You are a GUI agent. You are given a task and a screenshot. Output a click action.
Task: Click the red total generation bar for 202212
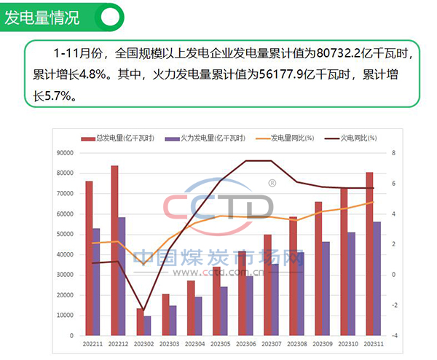tap(114, 251)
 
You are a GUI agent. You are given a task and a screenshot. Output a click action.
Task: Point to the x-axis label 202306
tap(242, 343)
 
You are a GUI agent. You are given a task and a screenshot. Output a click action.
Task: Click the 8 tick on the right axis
tap(393, 153)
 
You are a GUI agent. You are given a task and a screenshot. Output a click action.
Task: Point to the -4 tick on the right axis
tap(394, 336)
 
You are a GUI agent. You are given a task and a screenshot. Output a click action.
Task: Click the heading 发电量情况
tap(42, 18)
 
